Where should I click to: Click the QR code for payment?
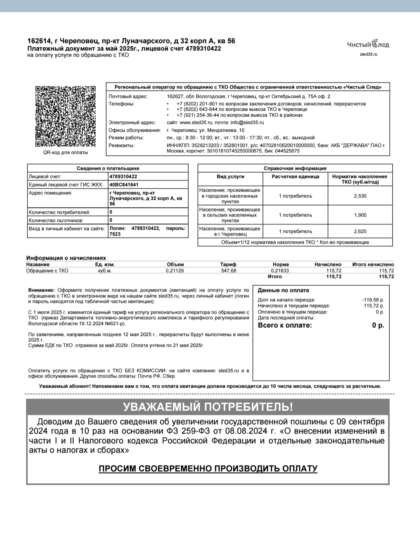tap(65, 116)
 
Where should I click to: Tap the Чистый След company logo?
tap(368, 44)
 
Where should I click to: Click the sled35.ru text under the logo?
tap(369, 54)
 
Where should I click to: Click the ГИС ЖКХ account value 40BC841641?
tap(124, 185)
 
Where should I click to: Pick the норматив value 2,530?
tap(360, 196)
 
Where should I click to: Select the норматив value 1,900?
tap(360, 215)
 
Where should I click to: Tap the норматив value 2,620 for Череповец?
tap(360, 231)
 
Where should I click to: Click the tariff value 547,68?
tap(229, 271)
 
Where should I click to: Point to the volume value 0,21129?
tap(175, 271)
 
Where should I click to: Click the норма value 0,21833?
tap(280, 271)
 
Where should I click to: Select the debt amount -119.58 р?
tap(373, 300)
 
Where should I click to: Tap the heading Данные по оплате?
tap(283, 290)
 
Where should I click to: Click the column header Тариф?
tap(228, 264)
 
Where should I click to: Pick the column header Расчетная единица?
tap(295, 177)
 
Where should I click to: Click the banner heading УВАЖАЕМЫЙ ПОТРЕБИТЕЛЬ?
tap(208, 407)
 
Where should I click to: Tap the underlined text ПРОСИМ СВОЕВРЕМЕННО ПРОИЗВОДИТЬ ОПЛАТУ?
tap(208, 468)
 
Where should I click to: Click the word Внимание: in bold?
tap(41, 290)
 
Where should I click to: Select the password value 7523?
tap(115, 234)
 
